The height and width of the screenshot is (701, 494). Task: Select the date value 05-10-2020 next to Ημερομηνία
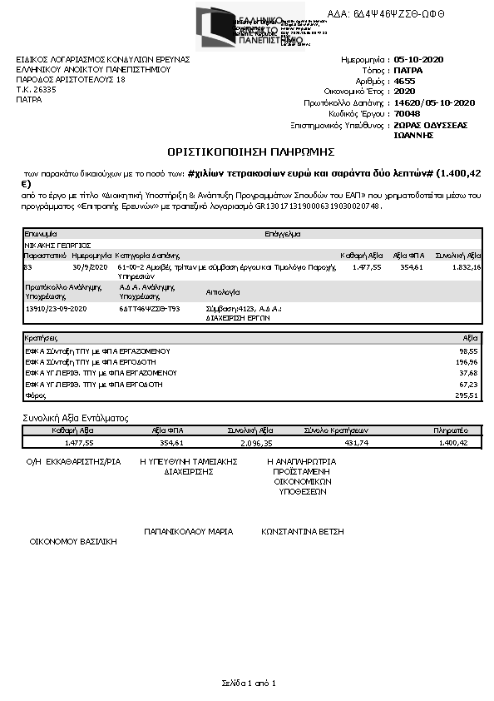click(x=418, y=60)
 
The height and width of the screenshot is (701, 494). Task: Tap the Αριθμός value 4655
click(x=403, y=81)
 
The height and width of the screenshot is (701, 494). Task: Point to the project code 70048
click(x=407, y=113)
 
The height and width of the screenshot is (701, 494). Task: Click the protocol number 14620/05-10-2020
click(x=433, y=102)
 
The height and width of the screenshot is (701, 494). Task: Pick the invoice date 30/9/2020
click(x=90, y=267)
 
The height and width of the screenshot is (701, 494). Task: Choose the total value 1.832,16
click(x=467, y=267)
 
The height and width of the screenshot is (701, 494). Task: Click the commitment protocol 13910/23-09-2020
click(x=57, y=308)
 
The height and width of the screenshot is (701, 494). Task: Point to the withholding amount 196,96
click(x=468, y=363)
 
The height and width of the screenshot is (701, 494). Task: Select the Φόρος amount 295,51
click(x=468, y=395)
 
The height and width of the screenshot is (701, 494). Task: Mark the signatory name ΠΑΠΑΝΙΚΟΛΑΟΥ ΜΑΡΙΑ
click(x=188, y=530)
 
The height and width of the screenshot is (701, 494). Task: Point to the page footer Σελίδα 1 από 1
click(x=248, y=683)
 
